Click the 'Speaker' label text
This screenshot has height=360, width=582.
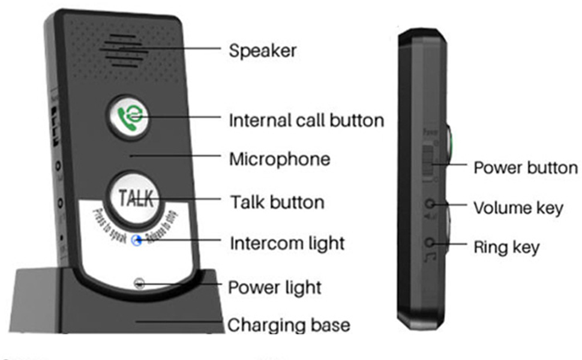pos(262,51)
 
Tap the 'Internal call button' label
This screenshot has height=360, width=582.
pos(306,120)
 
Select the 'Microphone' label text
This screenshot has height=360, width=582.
pos(280,159)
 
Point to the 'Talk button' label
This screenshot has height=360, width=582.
pos(277,202)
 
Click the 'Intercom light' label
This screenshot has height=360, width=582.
pos(287,244)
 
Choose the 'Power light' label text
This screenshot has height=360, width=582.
pos(275,287)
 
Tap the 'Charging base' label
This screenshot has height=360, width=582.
pos(289,325)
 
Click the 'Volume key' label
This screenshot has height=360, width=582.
pos(518,208)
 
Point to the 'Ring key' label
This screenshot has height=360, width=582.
pos(506,247)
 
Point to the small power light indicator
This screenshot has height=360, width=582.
pos(139,281)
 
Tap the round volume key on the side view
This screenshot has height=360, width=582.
pos(430,205)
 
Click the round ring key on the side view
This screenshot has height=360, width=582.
pos(430,243)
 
